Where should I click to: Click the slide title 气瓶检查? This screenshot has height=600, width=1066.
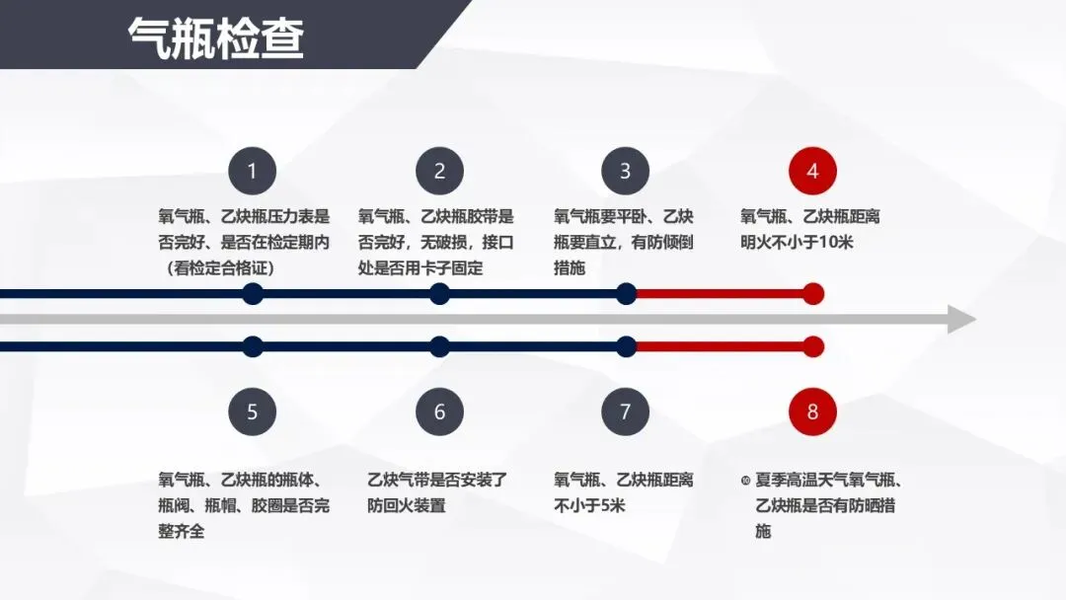216,38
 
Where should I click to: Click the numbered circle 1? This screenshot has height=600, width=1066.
252,172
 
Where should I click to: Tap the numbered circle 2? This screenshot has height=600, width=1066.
439,172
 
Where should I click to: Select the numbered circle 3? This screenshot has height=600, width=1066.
625,172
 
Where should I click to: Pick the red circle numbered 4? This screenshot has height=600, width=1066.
812,172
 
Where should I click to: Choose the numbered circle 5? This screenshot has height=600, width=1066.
252,412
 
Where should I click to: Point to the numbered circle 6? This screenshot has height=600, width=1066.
439,412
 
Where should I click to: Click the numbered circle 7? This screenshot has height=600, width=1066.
625,412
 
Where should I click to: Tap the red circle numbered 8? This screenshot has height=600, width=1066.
812,412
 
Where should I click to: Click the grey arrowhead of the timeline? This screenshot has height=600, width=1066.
960,320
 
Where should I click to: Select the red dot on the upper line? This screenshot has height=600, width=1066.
813,293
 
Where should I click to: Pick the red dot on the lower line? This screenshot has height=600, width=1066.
813,346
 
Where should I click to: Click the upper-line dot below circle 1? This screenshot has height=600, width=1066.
253,293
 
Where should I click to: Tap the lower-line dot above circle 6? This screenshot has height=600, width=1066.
440,346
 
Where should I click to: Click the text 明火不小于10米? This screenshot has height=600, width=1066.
797,242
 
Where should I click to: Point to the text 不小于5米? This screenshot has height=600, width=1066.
590,506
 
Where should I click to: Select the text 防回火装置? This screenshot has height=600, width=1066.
407,506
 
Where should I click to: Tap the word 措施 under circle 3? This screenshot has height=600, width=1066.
570,267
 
